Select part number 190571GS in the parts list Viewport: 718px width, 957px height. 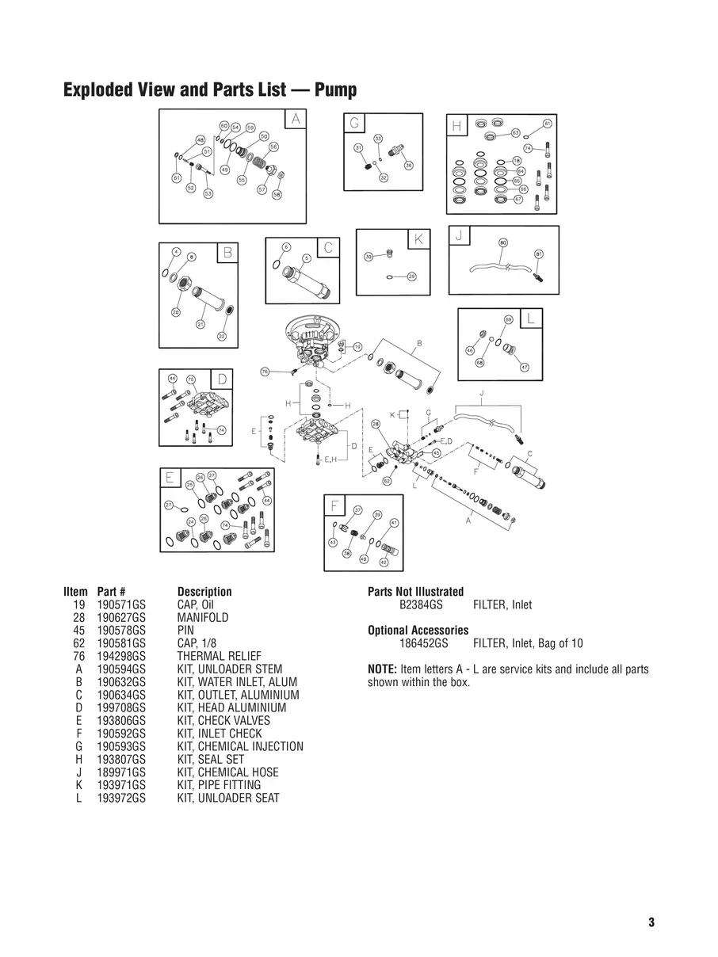coord(121,604)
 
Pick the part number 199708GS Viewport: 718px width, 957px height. coord(121,707)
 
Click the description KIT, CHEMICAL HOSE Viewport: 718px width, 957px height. coord(227,772)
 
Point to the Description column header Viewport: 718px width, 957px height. coord(204,592)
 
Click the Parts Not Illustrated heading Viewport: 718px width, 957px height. coord(415,592)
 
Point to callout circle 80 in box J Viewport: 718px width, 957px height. coord(503,242)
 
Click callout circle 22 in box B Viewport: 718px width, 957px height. coord(222,336)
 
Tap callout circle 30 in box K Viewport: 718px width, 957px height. coord(369,257)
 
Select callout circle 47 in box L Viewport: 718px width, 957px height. coord(525,367)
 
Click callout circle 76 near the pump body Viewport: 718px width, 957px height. coord(265,371)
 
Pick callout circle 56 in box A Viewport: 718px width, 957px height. coord(273,147)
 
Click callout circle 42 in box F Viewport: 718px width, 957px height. coord(384,562)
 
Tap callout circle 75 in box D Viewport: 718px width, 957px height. coord(190,379)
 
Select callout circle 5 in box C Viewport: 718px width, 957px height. coord(306,258)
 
